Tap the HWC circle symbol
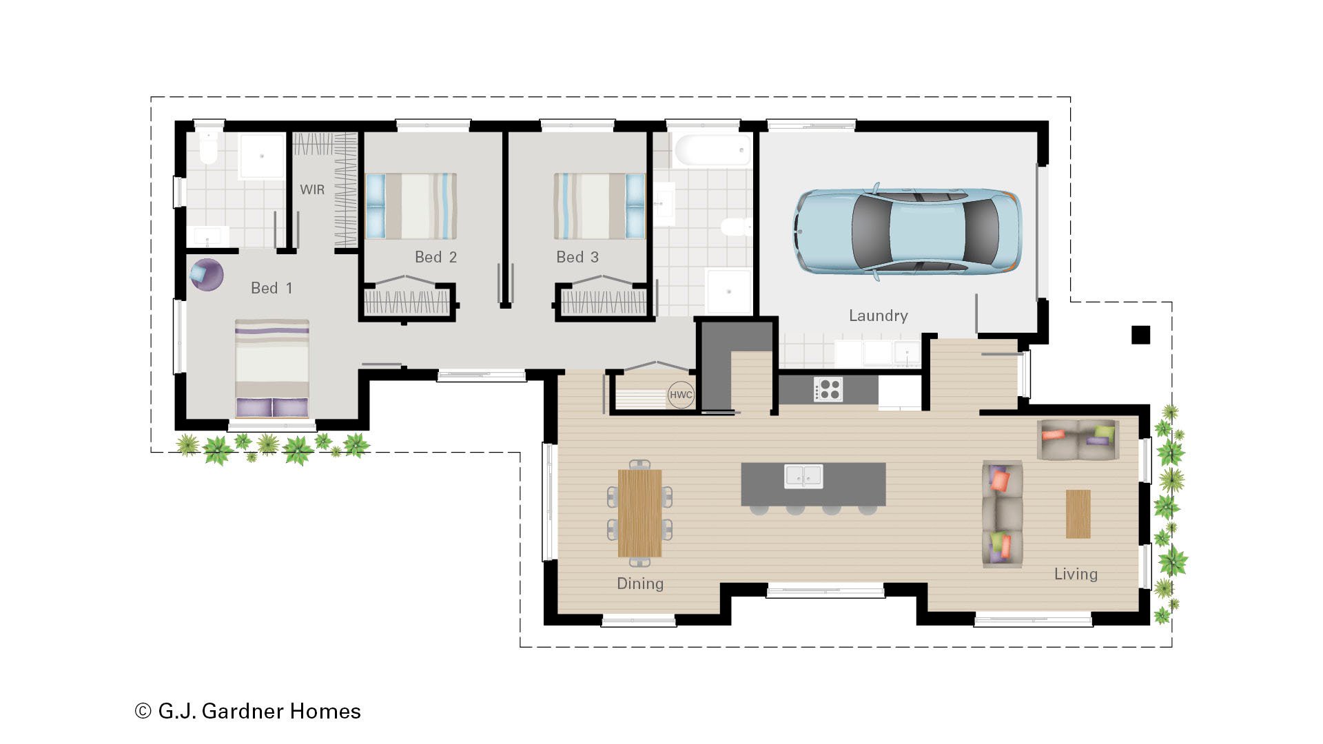tap(681, 395)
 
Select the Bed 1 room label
tap(271, 288)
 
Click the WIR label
tap(312, 189)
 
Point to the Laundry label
tap(878, 316)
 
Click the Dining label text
tap(640, 583)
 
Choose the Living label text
tap(1076, 574)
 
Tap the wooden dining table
tap(639, 513)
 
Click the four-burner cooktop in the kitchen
tap(828, 389)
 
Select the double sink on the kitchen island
tap(803, 475)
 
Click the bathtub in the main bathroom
tap(712, 150)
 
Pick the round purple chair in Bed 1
tap(206, 275)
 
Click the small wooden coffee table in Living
tap(1078, 514)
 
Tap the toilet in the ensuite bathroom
tap(208, 148)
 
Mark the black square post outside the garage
tap(1140, 335)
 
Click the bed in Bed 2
tap(411, 206)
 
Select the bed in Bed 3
tap(599, 206)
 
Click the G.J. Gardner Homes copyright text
tap(248, 711)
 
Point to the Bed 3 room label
tap(577, 257)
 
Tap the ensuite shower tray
tap(262, 156)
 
